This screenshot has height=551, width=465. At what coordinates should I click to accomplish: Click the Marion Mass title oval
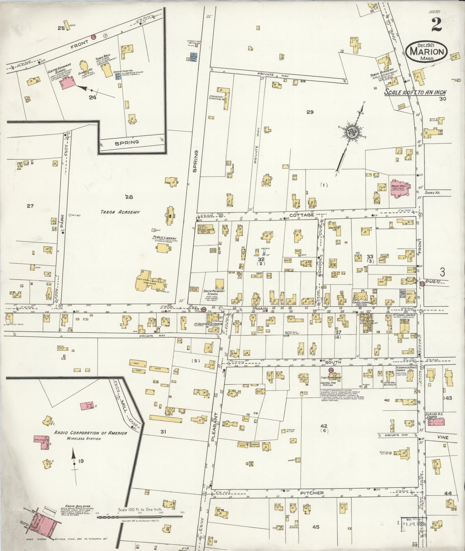pos(427,52)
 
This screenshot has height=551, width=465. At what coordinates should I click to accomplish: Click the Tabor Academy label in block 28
pos(120,212)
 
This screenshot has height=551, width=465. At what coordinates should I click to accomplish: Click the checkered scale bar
pos(139,517)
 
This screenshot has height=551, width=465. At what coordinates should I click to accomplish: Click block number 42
pos(324,426)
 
